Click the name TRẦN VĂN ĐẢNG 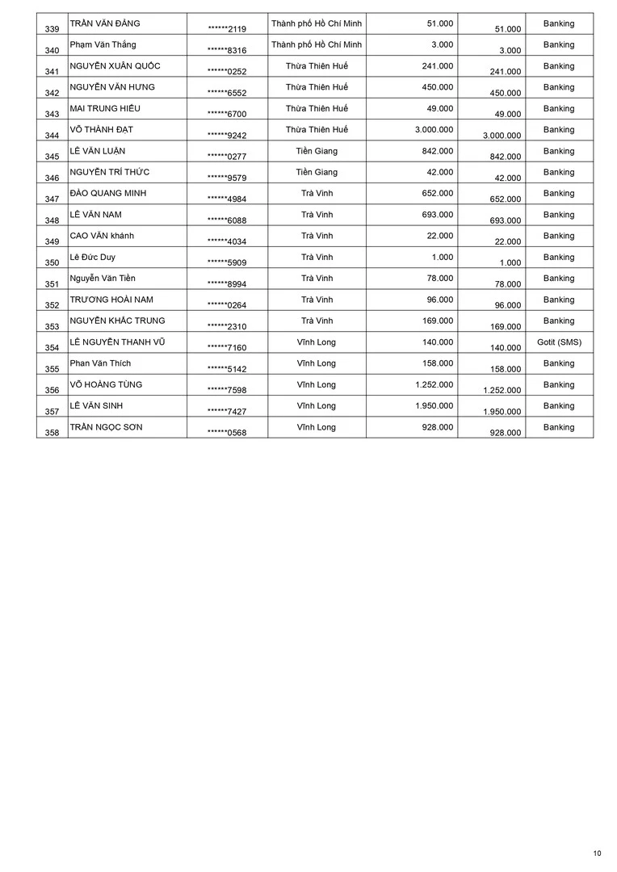click(105, 23)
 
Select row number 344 click(52, 135)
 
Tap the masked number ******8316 click(227, 50)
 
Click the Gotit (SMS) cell click(559, 342)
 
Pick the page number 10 click(597, 853)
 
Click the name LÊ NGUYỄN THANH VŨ click(117, 342)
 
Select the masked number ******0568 click(227, 433)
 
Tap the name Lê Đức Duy click(93, 257)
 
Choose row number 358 click(52, 433)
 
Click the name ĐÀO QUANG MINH click(108, 193)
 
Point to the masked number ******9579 click(227, 178)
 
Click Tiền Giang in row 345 click(317, 151)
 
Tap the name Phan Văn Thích click(100, 363)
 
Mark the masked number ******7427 click(227, 412)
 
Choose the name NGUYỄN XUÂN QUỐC click(115, 66)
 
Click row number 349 click(52, 241)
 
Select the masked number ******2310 click(227, 326)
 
